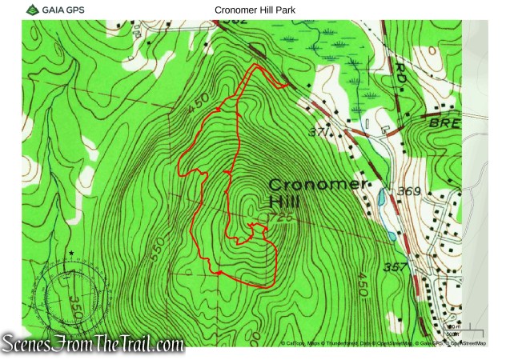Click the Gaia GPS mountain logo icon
[x=31, y=10]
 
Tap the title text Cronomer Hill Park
[x=255, y=10]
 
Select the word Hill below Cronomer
[x=283, y=201]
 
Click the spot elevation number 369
[x=408, y=191]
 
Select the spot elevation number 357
[x=396, y=266]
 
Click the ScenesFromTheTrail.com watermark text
[x=93, y=344]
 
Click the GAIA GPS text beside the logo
[x=65, y=10]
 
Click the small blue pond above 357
[x=391, y=237]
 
